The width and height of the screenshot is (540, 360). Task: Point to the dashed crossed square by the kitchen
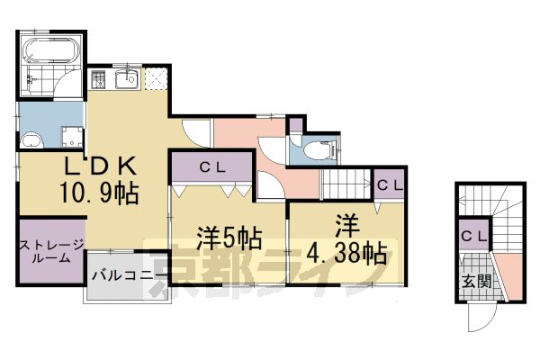(x=156, y=79)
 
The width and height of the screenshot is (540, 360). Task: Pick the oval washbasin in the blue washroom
(x=31, y=139)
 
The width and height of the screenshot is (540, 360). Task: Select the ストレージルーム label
(x=50, y=250)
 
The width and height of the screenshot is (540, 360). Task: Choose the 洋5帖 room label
(x=229, y=238)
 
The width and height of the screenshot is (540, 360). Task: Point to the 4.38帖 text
(x=346, y=249)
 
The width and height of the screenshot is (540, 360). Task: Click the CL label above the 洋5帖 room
(x=212, y=166)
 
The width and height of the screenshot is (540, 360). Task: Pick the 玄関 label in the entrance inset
(x=477, y=281)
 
